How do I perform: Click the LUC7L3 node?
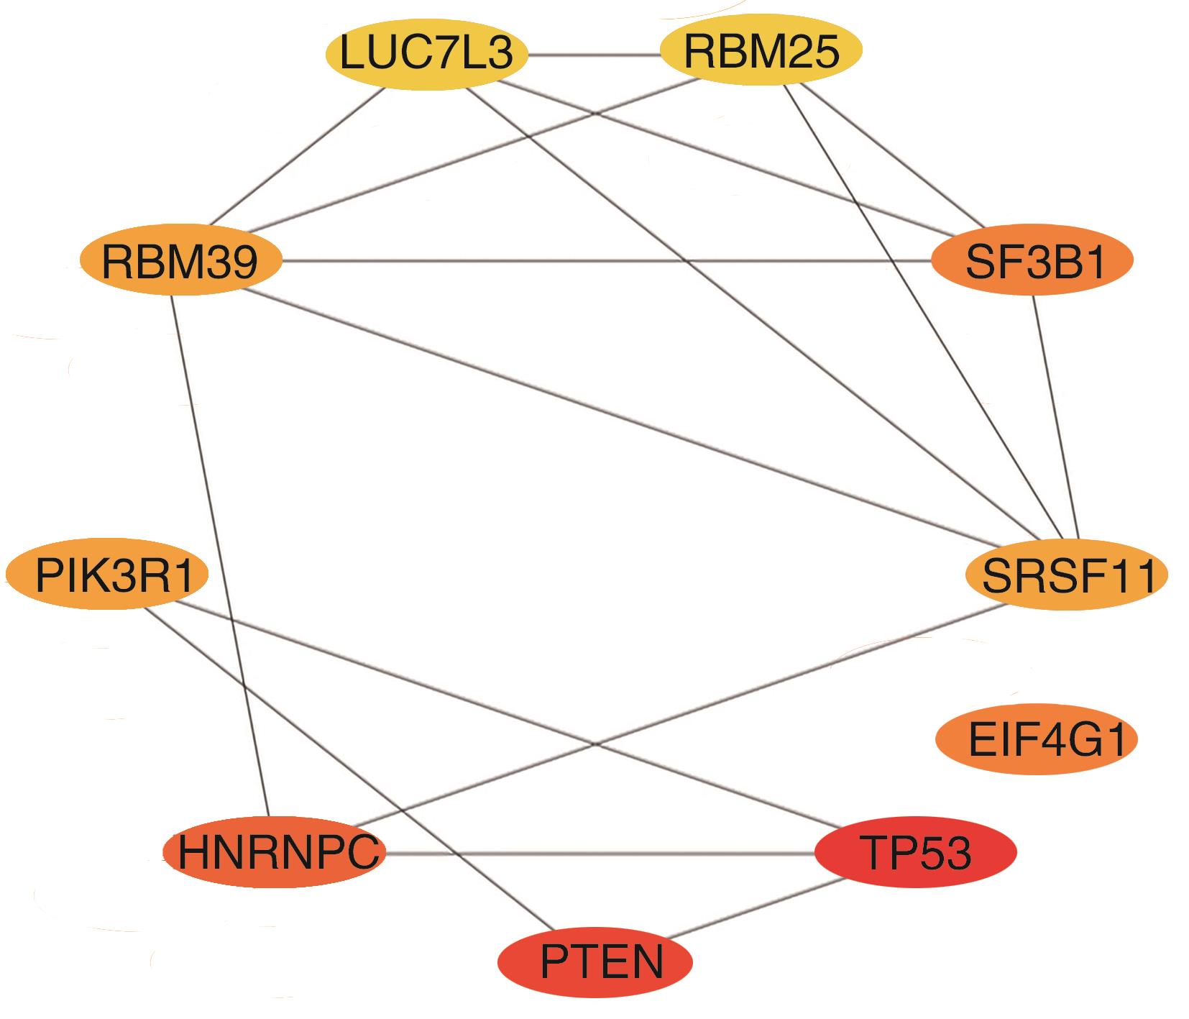[x=426, y=55]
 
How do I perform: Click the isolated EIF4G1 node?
[x=1036, y=741]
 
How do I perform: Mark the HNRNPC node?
[x=275, y=853]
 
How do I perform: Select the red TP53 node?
[x=915, y=853]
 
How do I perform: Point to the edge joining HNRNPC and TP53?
[x=597, y=854]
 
